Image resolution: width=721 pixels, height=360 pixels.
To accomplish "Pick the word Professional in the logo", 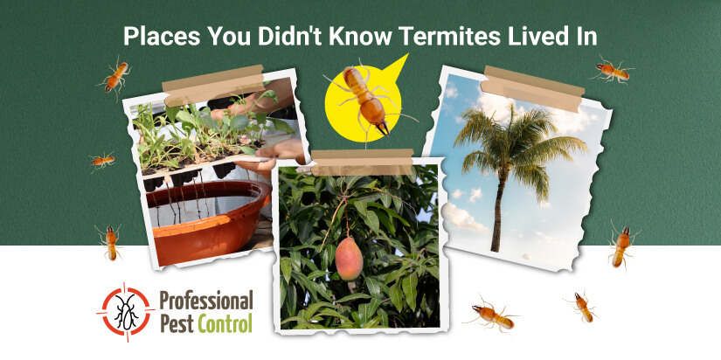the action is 206,301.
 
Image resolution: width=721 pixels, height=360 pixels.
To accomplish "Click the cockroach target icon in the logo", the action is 126,311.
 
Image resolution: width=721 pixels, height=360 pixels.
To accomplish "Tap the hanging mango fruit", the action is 349,259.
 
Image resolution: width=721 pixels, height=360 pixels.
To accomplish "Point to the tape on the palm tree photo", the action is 532,89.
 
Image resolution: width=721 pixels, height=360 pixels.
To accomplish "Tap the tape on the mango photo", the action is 363,162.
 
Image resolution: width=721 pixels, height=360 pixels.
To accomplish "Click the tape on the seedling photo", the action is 213,85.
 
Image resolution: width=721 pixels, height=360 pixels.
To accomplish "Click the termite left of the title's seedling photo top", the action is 115,77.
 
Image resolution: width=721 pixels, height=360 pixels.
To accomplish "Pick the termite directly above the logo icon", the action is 110,242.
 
